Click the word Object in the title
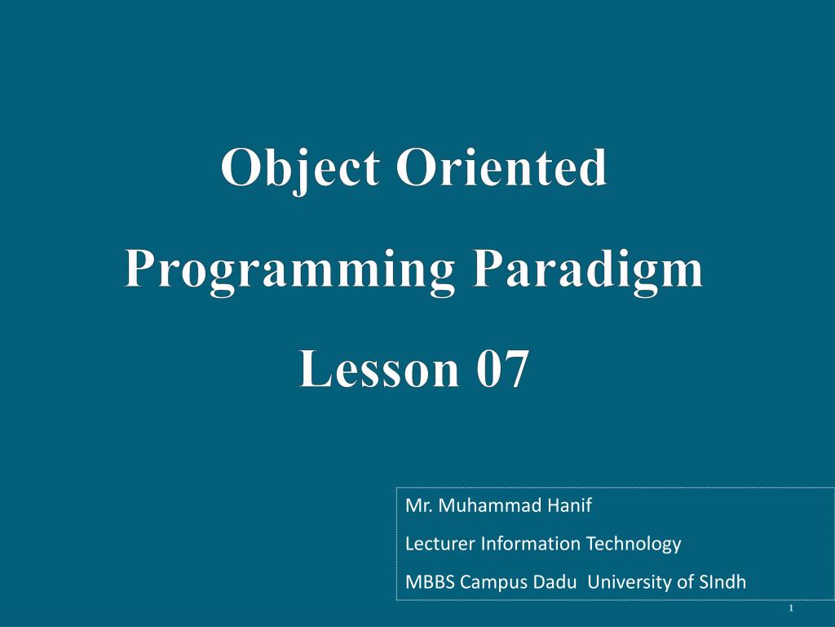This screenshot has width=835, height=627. click(x=300, y=169)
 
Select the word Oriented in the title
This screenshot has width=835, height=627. click(x=501, y=169)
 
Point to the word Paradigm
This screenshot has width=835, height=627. click(x=590, y=271)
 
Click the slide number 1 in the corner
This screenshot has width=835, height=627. click(x=791, y=611)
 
